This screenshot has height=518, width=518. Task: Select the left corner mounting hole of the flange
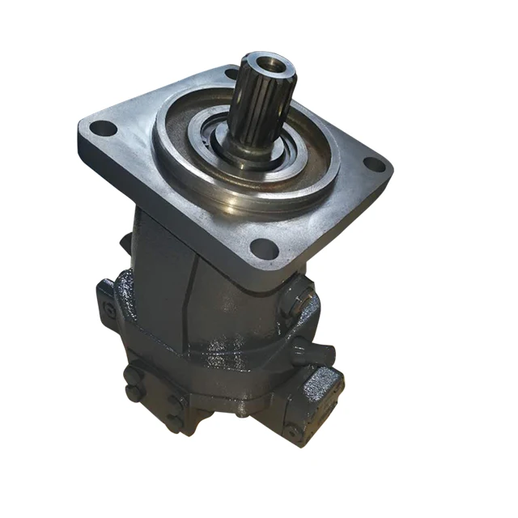pyautogui.click(x=99, y=127)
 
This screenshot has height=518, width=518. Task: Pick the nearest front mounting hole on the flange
pyautogui.click(x=261, y=249)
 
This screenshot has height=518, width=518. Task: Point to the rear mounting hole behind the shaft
pyautogui.click(x=230, y=74)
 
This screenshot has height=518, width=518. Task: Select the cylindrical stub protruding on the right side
pyautogui.click(x=322, y=353)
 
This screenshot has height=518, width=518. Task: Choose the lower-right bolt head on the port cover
pyautogui.click(x=172, y=422)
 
